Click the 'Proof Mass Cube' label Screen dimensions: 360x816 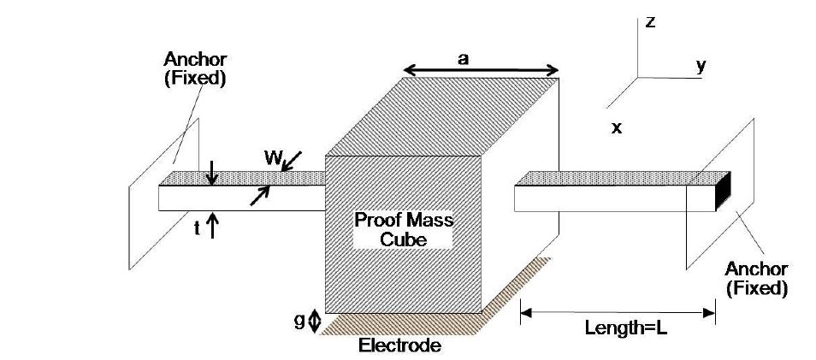coord(404,230)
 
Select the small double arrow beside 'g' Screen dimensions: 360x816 coord(315,320)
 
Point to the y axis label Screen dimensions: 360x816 coord(701,66)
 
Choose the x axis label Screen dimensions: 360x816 coord(616,128)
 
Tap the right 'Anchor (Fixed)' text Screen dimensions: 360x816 coord(755,279)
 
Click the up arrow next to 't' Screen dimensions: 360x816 coord(213,227)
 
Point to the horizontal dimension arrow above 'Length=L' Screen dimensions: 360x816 coord(618,312)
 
